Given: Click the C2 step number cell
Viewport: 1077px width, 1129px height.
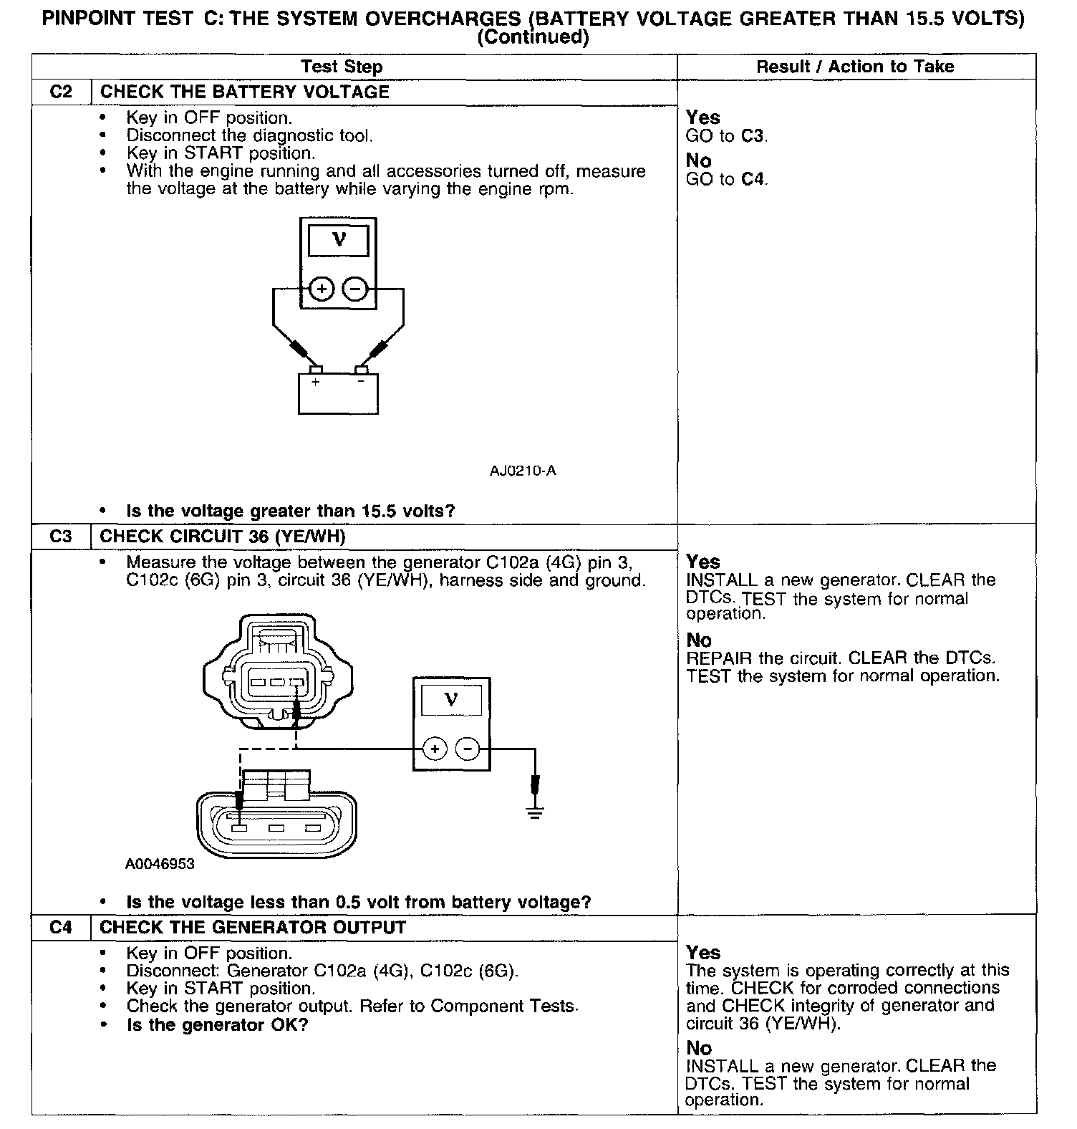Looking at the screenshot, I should coord(62,92).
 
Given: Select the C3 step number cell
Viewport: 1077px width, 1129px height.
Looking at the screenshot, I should coord(62,537).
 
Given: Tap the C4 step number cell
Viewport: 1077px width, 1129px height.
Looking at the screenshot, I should coord(62,928).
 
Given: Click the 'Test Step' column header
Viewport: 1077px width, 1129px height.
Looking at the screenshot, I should coord(342,67).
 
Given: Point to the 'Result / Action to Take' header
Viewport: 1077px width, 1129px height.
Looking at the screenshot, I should coord(855,67).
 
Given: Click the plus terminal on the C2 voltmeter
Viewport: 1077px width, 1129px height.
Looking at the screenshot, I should coord(322,289).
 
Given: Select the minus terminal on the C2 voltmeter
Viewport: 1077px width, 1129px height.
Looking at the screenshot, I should coord(355,289).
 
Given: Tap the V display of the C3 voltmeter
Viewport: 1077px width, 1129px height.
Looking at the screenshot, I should coord(451,699).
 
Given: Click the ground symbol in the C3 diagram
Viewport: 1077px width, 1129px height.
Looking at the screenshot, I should coord(535,810).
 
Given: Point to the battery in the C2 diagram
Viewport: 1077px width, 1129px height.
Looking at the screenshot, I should coord(338,393).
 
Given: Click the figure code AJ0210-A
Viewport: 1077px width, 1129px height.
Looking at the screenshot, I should coord(523,471).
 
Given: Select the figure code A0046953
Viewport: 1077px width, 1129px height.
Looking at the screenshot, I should coord(160,864).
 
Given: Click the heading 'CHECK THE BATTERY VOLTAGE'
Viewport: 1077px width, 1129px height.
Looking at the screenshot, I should coord(245,92).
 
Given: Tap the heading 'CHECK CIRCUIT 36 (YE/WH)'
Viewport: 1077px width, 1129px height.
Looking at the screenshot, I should coord(223,537).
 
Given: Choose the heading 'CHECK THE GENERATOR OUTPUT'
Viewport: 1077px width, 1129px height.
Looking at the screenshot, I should coord(253,928).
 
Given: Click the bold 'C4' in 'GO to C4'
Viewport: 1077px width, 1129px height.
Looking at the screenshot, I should coord(753,179).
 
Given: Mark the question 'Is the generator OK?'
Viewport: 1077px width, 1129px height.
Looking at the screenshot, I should coord(217,1025).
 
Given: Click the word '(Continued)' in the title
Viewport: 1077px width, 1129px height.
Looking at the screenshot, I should coord(533,37).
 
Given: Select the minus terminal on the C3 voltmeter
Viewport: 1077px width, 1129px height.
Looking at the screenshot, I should coord(468,749).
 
